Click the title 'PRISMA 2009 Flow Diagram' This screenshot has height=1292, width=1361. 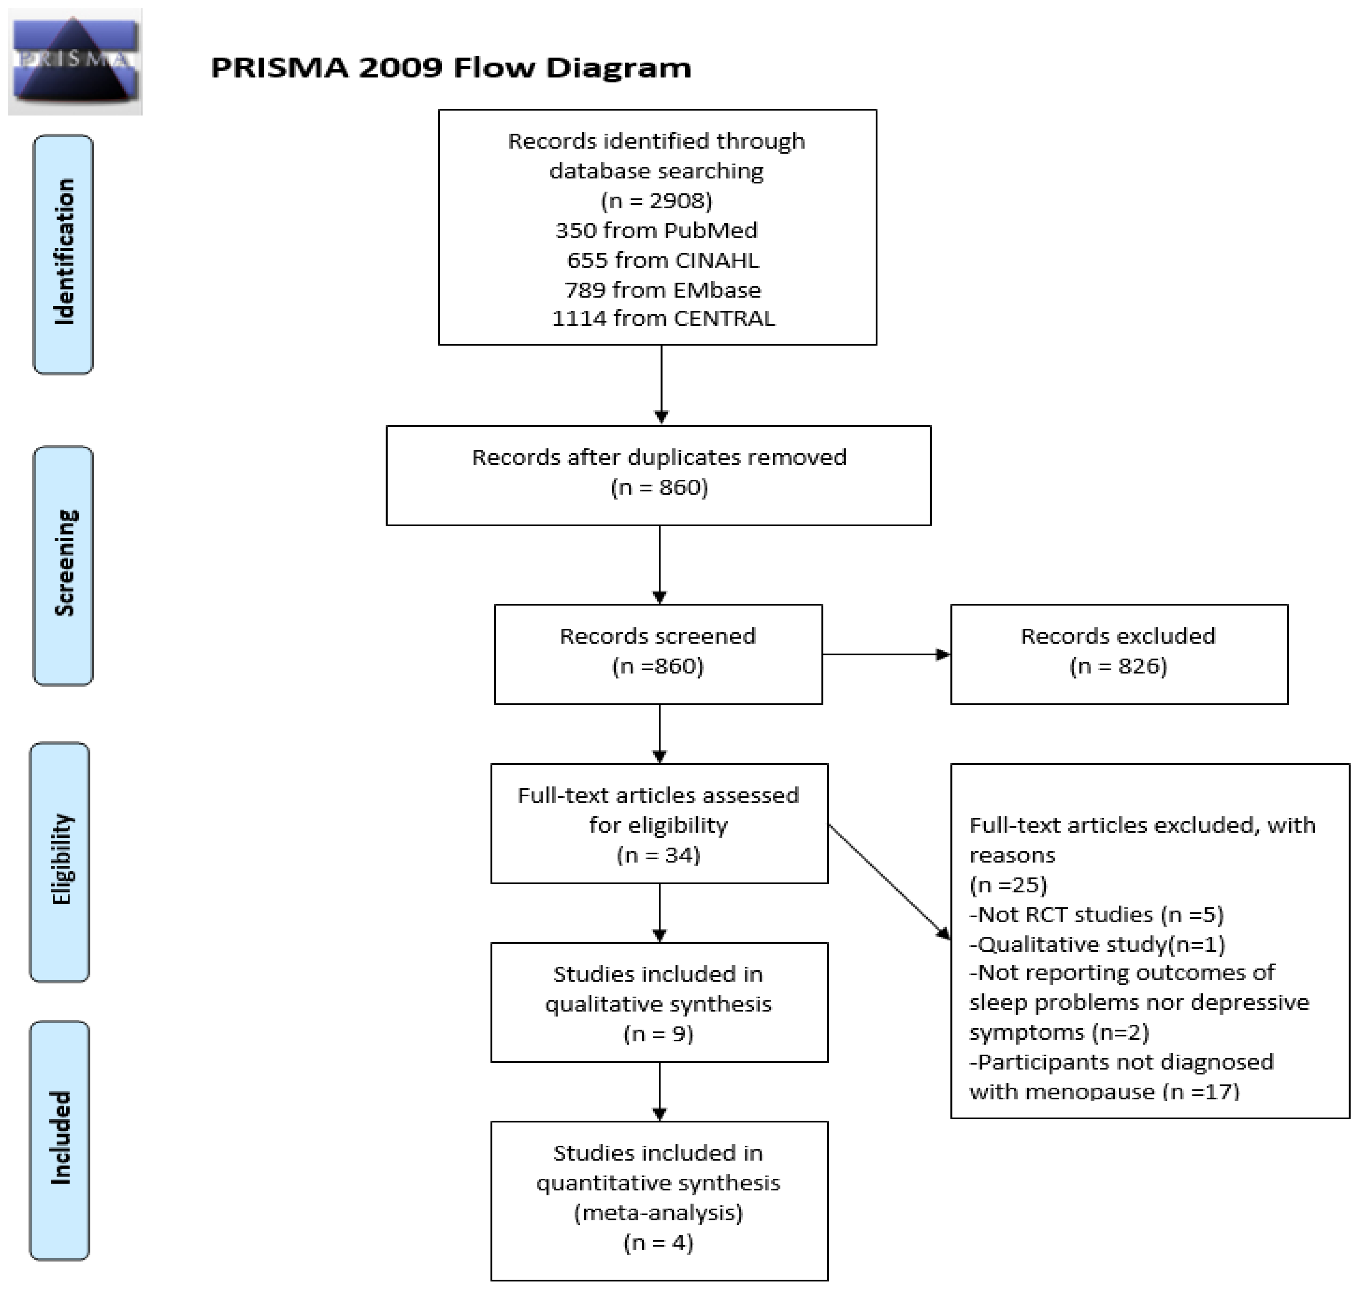coord(451,67)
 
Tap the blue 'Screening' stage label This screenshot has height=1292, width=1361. coord(63,566)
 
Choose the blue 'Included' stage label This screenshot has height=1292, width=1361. coord(60,1140)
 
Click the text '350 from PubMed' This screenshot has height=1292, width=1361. coord(656,230)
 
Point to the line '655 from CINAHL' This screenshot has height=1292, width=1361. coord(663,260)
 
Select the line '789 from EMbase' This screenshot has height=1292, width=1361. coord(663,290)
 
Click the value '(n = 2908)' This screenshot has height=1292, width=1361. coord(656,201)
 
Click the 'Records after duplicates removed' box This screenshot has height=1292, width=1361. coord(658,476)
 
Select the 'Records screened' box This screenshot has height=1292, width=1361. coord(658,654)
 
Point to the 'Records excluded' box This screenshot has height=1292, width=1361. coord(1119,654)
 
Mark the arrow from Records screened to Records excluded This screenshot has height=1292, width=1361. coord(886,654)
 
